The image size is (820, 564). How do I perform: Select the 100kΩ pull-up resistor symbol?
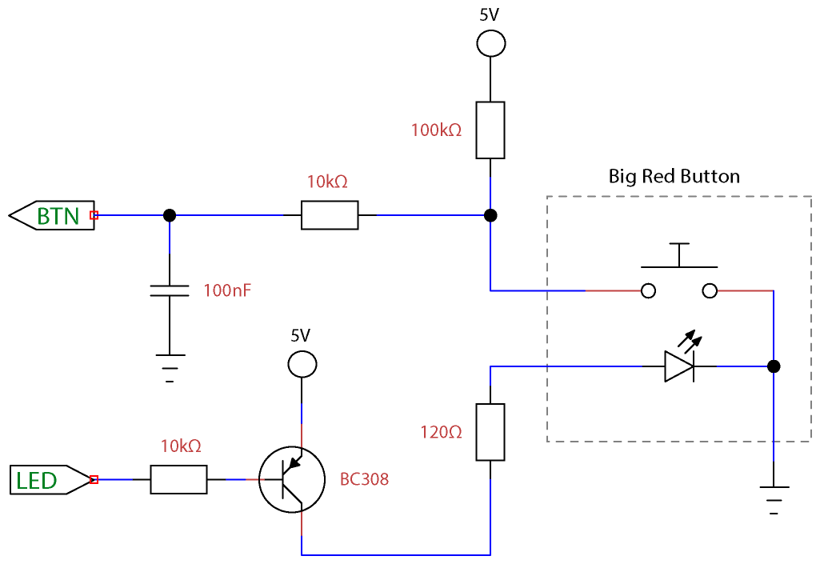490,130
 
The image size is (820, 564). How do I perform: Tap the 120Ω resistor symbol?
490,432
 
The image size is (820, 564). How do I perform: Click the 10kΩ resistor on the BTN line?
330,215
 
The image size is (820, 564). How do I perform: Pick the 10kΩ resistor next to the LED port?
178,480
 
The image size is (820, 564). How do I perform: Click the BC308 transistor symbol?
292,480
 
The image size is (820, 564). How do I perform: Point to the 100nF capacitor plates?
170,290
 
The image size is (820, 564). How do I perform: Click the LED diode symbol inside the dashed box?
679,366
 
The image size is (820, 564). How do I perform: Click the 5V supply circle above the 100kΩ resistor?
490,43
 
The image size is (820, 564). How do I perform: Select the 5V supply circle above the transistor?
302,365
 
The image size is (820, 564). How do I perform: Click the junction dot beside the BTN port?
170,215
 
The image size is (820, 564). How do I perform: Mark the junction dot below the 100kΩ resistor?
490,215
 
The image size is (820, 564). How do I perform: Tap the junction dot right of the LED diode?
774,366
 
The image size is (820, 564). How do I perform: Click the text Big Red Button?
674,176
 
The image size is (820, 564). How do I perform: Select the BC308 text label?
364,480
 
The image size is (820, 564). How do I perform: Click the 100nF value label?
227,290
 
